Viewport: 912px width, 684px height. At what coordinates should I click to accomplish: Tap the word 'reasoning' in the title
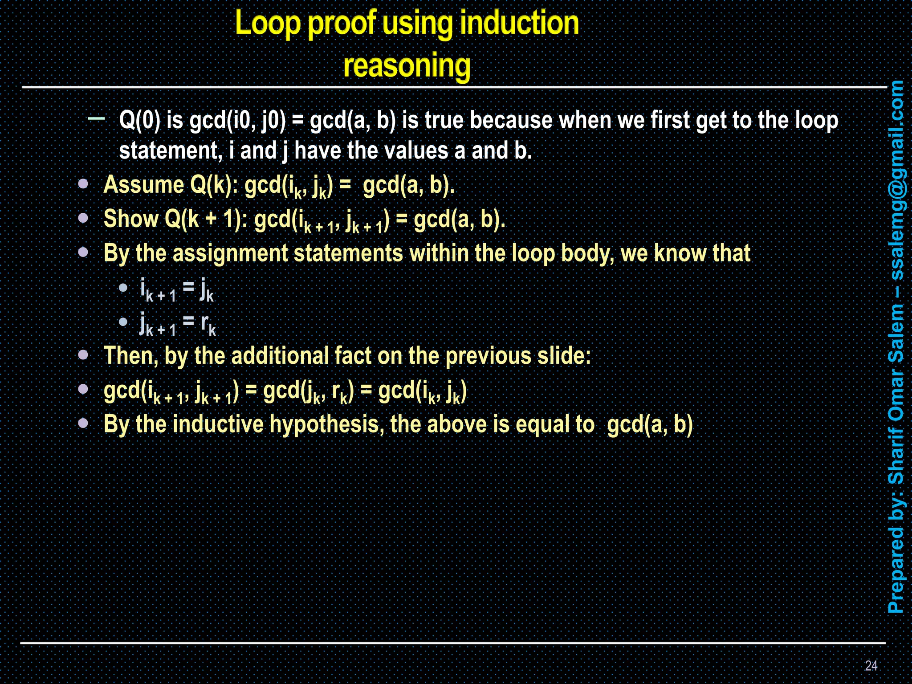tap(407, 66)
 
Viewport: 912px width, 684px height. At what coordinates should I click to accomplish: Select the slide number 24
tap(871, 665)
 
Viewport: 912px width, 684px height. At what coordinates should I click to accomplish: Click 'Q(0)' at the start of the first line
tap(140, 120)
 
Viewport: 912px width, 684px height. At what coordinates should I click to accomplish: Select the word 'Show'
tap(131, 219)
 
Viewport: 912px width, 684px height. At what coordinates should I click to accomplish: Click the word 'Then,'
tap(131, 356)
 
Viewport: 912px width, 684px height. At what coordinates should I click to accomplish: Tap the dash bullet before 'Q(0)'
tap(97, 118)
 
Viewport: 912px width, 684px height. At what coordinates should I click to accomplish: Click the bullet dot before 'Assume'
tap(83, 184)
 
